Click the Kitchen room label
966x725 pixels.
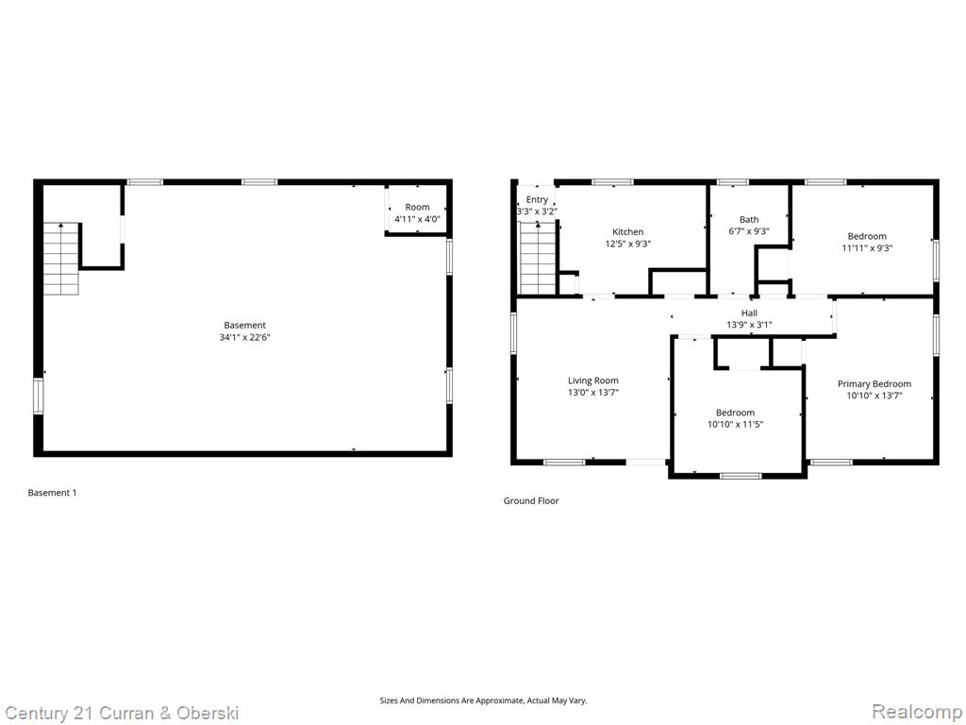point(627,232)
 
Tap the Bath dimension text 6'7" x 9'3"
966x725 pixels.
point(749,231)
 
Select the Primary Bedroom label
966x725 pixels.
point(874,384)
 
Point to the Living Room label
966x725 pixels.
point(593,381)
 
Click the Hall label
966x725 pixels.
point(750,313)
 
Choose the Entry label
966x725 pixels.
point(537,200)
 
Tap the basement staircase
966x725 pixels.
point(61,259)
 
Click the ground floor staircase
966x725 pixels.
point(539,259)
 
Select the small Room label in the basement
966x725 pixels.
point(417,207)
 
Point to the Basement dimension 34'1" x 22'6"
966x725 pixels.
point(245,337)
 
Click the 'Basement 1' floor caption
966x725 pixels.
point(53,493)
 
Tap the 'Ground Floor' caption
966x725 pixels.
point(531,500)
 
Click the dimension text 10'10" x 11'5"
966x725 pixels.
point(736,424)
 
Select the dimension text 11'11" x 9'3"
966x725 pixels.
point(868,248)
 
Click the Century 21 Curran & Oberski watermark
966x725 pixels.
point(122,714)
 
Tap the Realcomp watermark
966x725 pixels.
point(917,712)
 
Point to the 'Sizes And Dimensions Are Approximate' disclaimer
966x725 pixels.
point(483,700)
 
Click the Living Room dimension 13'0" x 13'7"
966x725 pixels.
point(593,393)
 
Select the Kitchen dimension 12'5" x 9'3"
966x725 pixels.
point(627,244)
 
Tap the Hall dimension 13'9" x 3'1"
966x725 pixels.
point(749,325)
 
